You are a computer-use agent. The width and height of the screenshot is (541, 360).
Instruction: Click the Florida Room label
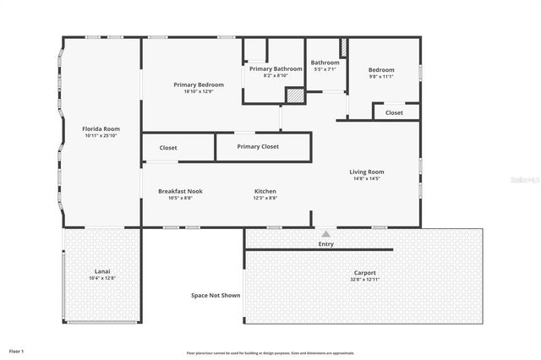(x=101, y=128)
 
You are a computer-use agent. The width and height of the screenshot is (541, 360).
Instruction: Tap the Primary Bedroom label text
(x=199, y=85)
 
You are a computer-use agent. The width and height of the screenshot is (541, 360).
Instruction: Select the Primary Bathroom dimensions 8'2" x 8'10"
(x=275, y=75)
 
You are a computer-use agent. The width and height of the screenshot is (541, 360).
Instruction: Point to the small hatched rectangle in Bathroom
(x=343, y=47)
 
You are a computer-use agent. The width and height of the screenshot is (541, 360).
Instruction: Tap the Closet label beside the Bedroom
(x=394, y=112)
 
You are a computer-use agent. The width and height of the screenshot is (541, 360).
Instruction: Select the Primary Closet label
(x=258, y=146)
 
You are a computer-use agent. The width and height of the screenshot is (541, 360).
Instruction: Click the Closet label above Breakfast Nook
(x=168, y=147)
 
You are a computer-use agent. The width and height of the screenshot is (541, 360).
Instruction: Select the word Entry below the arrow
(x=325, y=244)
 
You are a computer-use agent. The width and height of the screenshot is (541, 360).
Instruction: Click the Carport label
(x=364, y=273)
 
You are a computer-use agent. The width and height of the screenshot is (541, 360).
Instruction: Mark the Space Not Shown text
(x=215, y=295)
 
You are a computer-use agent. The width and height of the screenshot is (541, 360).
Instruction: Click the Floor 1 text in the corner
(x=16, y=350)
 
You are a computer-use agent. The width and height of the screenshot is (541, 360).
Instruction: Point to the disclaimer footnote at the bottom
(x=270, y=352)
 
